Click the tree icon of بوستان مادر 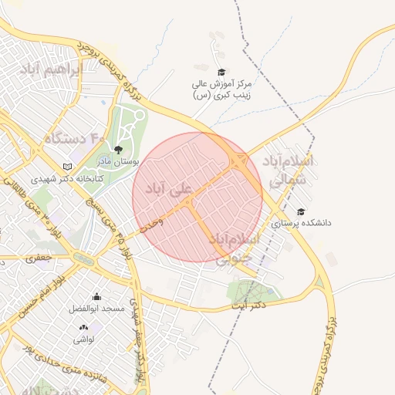[x=118, y=150]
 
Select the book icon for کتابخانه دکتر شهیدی [x=68, y=167]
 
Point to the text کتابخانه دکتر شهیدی [x=67, y=178]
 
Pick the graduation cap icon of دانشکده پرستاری [x=300, y=211]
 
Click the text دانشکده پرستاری [x=301, y=222]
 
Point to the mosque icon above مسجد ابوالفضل [x=96, y=296]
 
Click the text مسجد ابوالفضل [x=96, y=308]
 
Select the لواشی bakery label [x=83, y=339]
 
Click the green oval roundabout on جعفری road [x=83, y=260]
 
